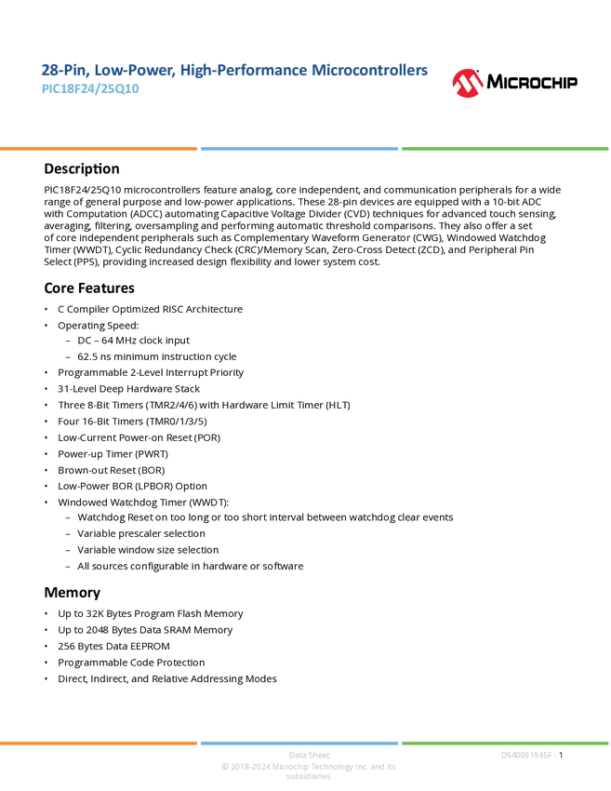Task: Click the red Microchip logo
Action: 468,84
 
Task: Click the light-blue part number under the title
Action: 90,90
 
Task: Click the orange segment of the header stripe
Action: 99,149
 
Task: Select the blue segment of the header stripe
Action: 299,149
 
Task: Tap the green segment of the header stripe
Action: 505,149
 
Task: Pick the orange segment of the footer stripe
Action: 99,743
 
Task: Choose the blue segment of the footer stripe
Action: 299,743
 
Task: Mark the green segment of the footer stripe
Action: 505,743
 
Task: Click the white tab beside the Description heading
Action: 22,168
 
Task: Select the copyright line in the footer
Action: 308,768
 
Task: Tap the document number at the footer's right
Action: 528,756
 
